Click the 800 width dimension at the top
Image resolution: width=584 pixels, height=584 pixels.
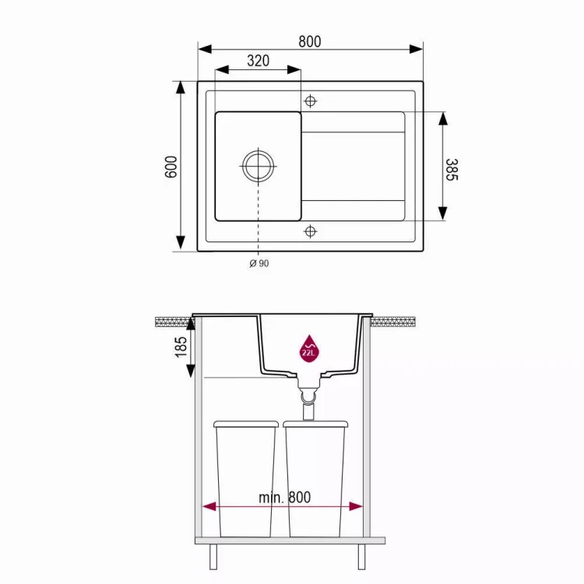pyautogui.click(x=309, y=42)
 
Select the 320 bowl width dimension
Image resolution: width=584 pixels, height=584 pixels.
pyautogui.click(x=258, y=62)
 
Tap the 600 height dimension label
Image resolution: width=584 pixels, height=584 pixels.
pyautogui.click(x=171, y=167)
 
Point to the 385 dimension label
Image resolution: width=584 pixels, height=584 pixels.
pyautogui.click(x=451, y=169)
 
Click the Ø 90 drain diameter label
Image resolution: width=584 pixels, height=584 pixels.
pyautogui.click(x=259, y=263)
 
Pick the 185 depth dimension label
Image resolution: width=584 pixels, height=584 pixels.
pyautogui.click(x=181, y=346)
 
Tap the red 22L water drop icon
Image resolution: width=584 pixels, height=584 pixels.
pyautogui.click(x=309, y=347)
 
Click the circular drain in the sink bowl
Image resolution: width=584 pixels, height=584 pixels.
pyautogui.click(x=258, y=165)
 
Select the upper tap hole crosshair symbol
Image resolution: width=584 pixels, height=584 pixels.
pyautogui.click(x=311, y=101)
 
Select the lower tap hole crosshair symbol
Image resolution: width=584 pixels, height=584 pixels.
pyautogui.click(x=311, y=231)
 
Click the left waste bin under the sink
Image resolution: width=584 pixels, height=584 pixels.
pyautogui.click(x=245, y=479)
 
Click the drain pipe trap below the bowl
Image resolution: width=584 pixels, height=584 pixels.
pyautogui.click(x=309, y=398)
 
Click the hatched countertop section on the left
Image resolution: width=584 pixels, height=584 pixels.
pyautogui.click(x=173, y=320)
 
